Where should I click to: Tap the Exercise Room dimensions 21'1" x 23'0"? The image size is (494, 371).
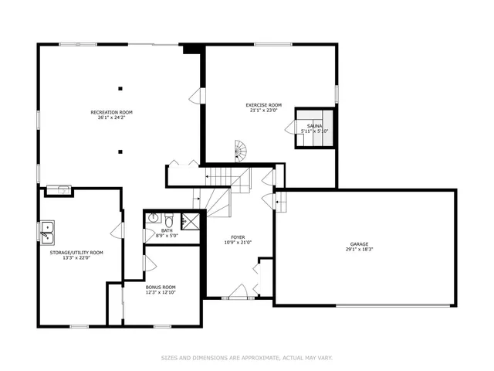263,110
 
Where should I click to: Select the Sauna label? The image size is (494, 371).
314,125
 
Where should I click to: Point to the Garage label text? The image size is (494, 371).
361,245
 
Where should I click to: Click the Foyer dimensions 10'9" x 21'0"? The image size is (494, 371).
237,243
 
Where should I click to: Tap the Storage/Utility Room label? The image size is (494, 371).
76,252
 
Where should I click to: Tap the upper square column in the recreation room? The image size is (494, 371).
120,87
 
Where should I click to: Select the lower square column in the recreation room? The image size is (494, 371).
120,151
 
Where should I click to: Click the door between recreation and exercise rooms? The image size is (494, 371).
197,97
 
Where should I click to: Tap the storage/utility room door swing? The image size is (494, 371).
117,231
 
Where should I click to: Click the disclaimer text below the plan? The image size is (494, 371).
246,358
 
